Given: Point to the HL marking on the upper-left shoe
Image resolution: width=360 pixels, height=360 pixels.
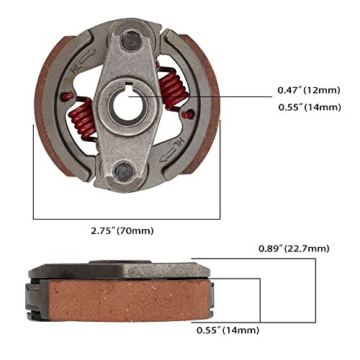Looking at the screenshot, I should coord(78,69).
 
